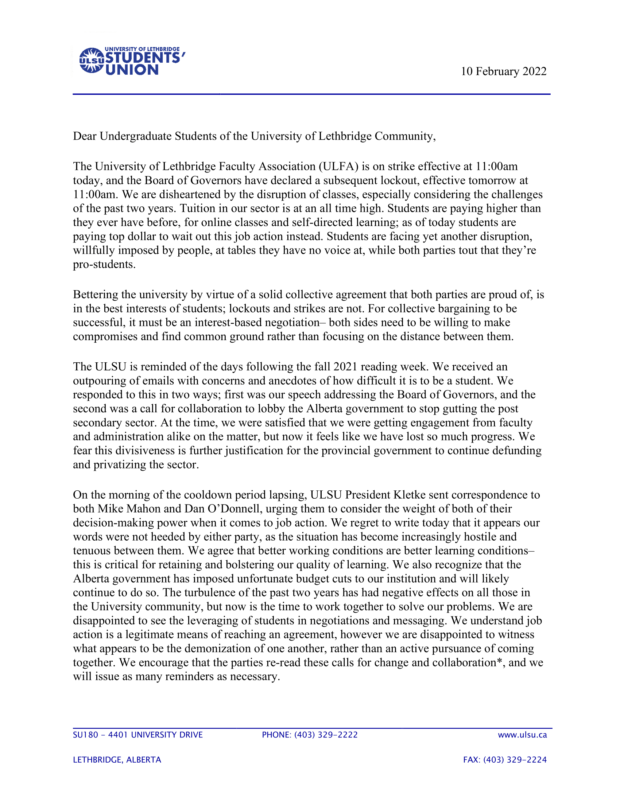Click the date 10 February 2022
pos(504,71)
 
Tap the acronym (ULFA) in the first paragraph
pos(338,167)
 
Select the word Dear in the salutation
pos(85,136)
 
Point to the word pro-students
pos(104,265)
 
